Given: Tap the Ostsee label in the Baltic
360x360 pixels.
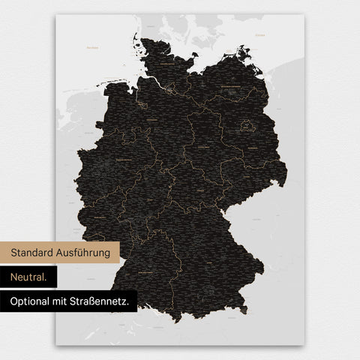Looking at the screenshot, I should [260, 34].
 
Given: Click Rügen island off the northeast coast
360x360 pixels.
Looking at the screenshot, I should [244, 54].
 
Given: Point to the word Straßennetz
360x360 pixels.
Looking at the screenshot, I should [104, 301].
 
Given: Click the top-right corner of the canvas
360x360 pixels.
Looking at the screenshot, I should [303, 15].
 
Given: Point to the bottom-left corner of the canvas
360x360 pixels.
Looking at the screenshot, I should [56, 344].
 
